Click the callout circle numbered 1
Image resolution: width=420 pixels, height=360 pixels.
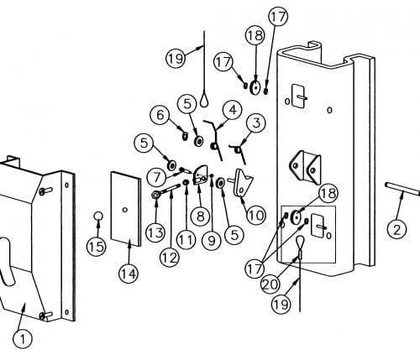click(x=23, y=339)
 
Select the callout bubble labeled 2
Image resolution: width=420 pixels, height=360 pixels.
click(x=396, y=229)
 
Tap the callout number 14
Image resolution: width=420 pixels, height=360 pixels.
click(x=129, y=274)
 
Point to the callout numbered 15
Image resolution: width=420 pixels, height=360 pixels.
click(x=97, y=247)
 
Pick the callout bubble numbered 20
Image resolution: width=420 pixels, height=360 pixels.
click(x=270, y=284)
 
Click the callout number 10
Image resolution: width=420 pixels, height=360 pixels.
click(x=255, y=215)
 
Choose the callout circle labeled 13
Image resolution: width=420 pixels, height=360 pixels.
click(x=155, y=232)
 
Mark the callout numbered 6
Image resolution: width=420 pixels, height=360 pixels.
click(x=160, y=115)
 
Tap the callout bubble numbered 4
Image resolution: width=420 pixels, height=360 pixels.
click(x=233, y=110)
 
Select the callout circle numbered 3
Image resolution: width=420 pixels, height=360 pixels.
click(x=256, y=123)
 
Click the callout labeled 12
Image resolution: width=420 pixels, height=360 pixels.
click(x=170, y=258)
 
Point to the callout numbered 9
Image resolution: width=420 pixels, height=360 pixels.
click(x=212, y=241)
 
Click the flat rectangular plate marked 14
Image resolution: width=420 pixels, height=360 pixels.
click(x=126, y=209)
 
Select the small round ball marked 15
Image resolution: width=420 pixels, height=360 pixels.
click(x=98, y=216)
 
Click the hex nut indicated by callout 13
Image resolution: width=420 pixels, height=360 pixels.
click(x=155, y=195)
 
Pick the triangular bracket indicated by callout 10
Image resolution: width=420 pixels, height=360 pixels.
click(x=242, y=182)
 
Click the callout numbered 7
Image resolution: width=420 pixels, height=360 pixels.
click(x=156, y=177)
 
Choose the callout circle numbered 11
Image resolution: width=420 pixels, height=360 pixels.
click(x=186, y=240)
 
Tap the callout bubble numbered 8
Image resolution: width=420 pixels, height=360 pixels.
click(x=200, y=217)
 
